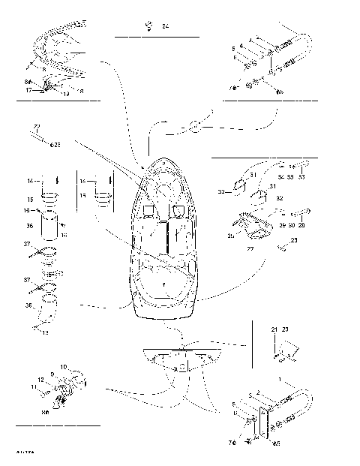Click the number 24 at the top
click(165, 27)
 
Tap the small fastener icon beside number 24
click(151, 26)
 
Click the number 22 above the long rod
click(35, 128)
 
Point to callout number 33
click(301, 177)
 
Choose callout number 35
click(289, 177)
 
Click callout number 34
click(281, 177)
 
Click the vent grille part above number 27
click(249, 223)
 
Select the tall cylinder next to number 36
click(51, 227)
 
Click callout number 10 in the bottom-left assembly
click(64, 367)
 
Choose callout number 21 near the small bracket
click(274, 329)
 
